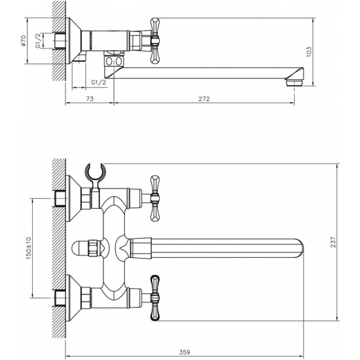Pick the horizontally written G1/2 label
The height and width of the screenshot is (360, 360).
click(x=98, y=82)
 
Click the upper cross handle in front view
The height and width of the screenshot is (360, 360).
click(x=155, y=197)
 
